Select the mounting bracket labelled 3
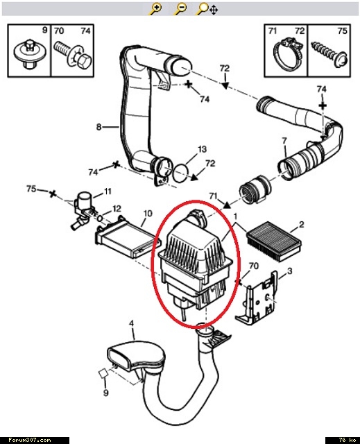(257, 298)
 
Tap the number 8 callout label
(98, 127)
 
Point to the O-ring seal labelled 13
(181, 173)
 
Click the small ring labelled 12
(100, 219)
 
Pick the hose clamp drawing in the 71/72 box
(286, 55)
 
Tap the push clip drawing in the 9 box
(28, 54)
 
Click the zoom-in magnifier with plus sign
(155, 9)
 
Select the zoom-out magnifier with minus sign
(180, 9)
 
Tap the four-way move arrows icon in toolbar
(214, 10)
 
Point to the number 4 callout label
(131, 323)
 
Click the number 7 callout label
(284, 140)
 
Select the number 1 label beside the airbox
(235, 216)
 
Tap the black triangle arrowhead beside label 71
(226, 205)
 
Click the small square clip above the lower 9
(103, 373)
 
